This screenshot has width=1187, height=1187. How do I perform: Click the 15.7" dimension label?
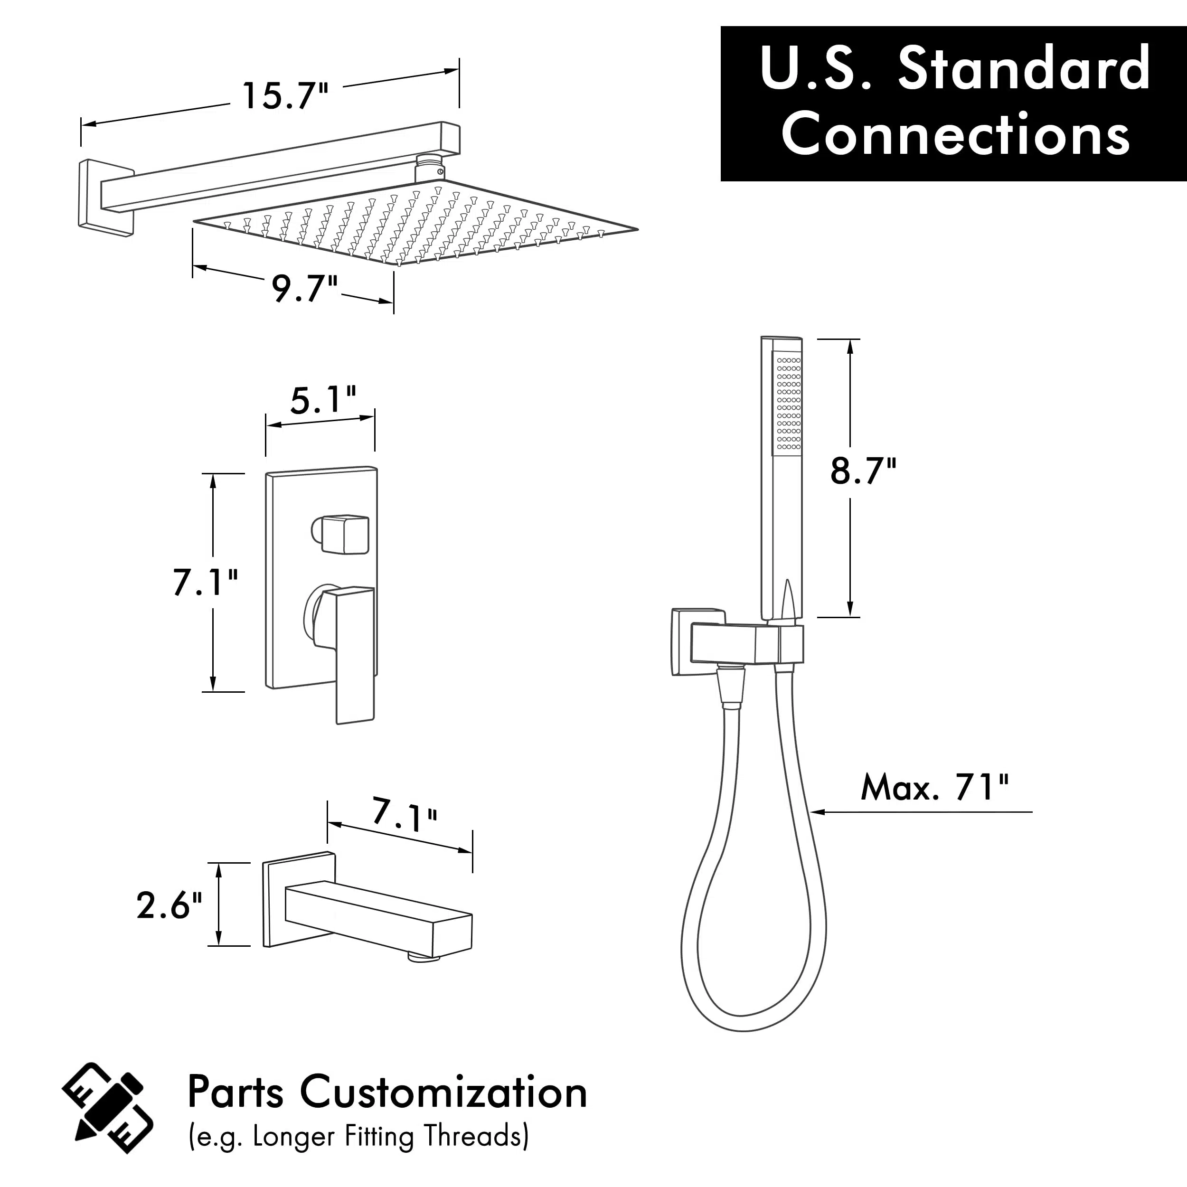pyautogui.click(x=286, y=96)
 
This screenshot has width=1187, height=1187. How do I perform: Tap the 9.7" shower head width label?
pyautogui.click(x=305, y=289)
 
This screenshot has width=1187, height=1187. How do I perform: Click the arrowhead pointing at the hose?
pyautogui.click(x=818, y=812)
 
